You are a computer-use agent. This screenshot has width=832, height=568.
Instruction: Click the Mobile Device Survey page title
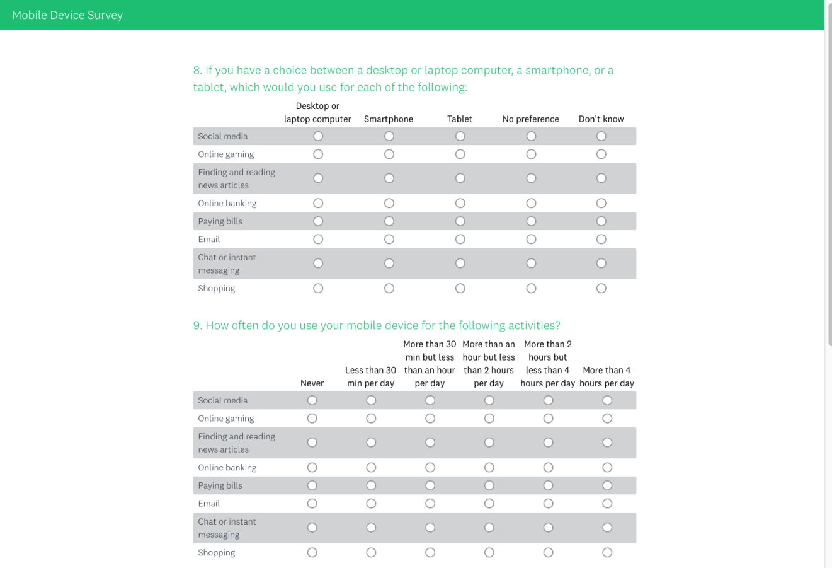point(67,15)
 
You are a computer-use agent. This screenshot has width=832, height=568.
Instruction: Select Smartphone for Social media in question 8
point(389,136)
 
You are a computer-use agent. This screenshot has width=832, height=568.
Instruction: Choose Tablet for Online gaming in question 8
point(460,154)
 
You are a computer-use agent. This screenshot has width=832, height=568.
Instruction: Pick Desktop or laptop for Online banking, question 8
point(318,203)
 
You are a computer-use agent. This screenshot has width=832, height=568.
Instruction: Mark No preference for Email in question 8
point(532,240)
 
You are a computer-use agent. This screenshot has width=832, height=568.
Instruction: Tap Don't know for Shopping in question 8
point(601,288)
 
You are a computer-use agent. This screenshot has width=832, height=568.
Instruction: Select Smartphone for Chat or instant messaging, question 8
point(389,264)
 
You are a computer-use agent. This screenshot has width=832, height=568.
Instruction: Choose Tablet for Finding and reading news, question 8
point(460,178)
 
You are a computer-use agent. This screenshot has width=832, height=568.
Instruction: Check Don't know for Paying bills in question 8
point(601,221)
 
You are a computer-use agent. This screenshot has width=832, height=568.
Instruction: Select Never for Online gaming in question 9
point(312,419)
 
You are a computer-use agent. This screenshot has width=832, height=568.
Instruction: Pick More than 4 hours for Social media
point(607,400)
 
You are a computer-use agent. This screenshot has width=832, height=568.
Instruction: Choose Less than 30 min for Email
point(371,504)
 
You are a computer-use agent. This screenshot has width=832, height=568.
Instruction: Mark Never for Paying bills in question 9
point(312,485)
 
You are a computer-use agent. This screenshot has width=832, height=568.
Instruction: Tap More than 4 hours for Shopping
point(607,553)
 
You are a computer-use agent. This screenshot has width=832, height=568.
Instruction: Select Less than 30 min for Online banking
point(371,468)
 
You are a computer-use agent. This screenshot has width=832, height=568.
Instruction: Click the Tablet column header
point(460,119)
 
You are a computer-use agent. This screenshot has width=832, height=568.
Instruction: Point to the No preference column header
point(530,119)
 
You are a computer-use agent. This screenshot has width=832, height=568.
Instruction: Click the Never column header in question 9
point(312,383)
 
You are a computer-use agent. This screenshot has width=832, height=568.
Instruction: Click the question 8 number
point(197,71)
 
